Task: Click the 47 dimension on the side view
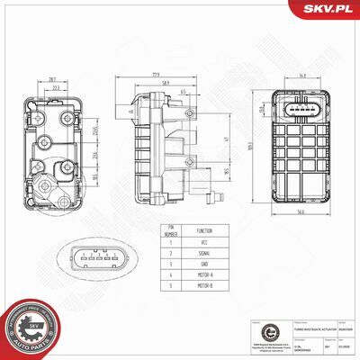(228, 140)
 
